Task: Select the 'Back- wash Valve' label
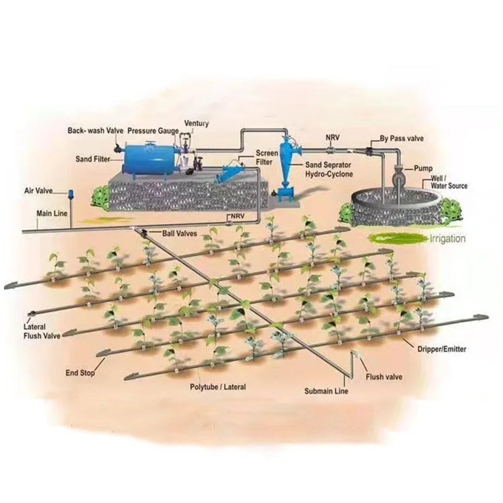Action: [95, 129]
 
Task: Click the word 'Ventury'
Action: [197, 123]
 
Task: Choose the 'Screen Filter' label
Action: [265, 158]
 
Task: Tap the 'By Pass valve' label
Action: [402, 138]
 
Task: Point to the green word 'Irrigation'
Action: [447, 238]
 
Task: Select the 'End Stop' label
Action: [80, 372]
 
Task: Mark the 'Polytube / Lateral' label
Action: [218, 387]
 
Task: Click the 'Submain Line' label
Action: [326, 390]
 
